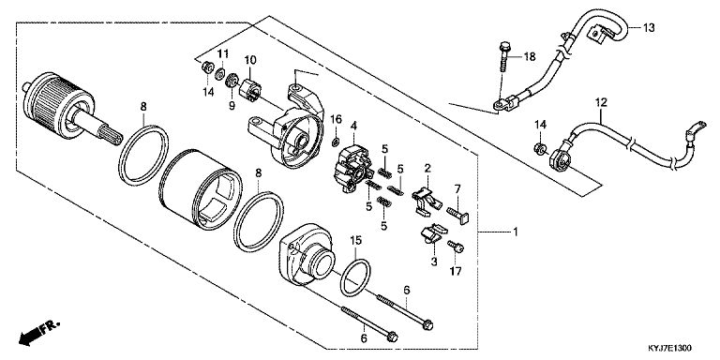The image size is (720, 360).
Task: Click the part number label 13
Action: point(648,28)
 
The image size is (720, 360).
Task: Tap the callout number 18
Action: point(530,57)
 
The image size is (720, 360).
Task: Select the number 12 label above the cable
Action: point(601,102)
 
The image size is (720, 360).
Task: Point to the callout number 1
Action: point(516,232)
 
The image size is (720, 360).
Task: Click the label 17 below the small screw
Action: point(455,271)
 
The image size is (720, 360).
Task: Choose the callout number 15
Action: point(356,240)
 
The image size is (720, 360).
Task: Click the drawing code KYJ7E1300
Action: point(669,349)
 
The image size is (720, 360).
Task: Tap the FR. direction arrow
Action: point(39,334)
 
